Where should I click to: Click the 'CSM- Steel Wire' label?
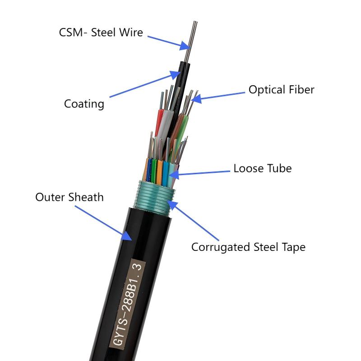[x=101, y=32]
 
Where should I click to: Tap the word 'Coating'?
[x=84, y=104]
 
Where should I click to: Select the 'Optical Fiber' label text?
[x=281, y=89]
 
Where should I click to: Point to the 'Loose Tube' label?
[x=262, y=168]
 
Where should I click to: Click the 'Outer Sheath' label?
[x=69, y=197]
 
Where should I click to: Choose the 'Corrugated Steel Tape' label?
[x=248, y=247]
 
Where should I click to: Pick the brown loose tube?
[x=179, y=126]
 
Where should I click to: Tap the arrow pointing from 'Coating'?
[x=145, y=84]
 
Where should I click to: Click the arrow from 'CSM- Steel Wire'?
[x=167, y=40]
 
